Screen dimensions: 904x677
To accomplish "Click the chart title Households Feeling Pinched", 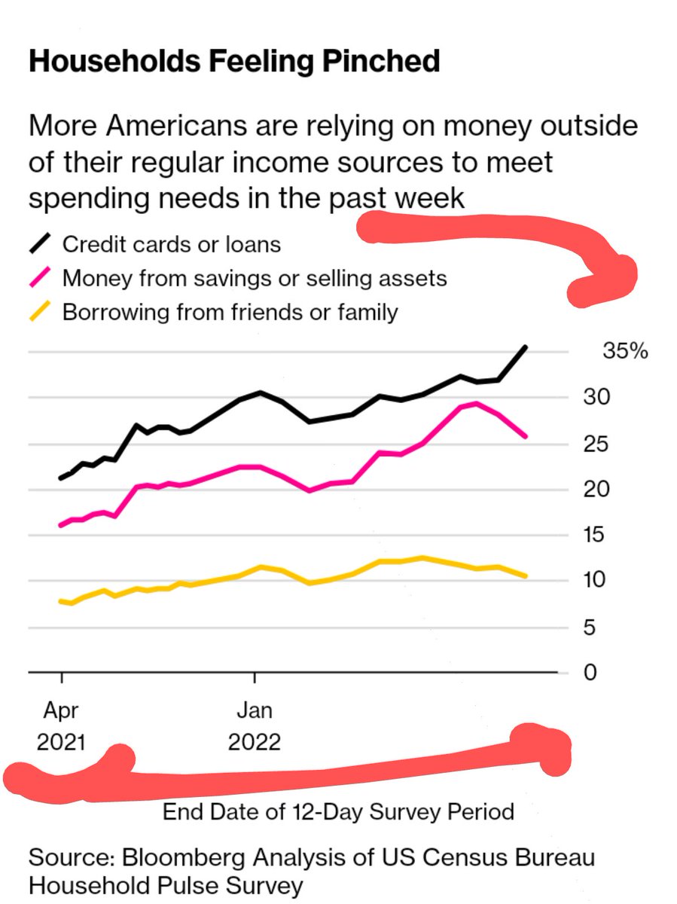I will point(233,62).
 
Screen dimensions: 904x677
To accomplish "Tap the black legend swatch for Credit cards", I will point(41,245).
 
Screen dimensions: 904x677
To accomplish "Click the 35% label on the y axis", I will point(624,352).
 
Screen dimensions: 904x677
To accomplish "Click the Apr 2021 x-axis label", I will point(61,725).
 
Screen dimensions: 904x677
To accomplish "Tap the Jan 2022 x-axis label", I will point(255,725).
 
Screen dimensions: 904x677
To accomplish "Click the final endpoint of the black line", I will point(526,347).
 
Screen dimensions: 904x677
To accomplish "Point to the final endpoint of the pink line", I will point(526,436).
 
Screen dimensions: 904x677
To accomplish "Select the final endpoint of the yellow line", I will point(526,576).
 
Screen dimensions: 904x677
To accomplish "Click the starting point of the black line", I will point(61,478).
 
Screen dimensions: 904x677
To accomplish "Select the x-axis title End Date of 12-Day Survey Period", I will point(338,812).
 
